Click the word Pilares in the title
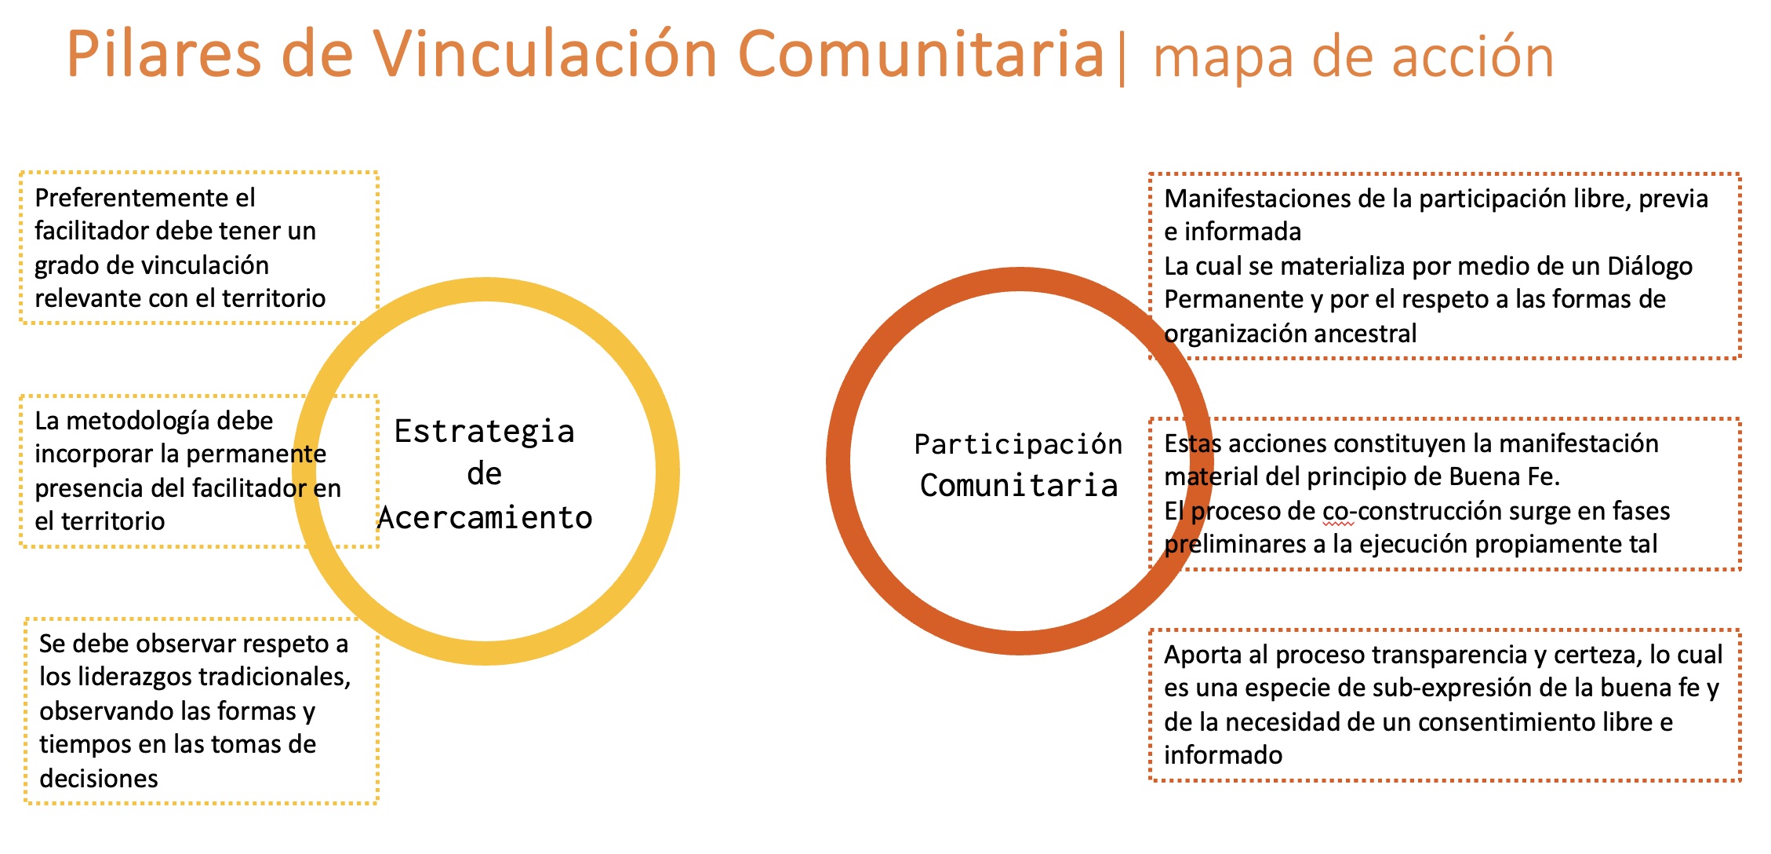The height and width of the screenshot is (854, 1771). (164, 53)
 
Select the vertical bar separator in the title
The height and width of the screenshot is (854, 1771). (1122, 57)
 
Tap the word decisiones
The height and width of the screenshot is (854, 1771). (99, 778)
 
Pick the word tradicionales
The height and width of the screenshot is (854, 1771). (278, 677)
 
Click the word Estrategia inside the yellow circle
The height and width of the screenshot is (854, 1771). (485, 432)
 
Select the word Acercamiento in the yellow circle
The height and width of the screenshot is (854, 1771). (485, 518)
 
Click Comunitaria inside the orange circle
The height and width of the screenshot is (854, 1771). (1019, 485)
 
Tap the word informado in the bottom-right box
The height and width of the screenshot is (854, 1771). (1223, 755)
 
